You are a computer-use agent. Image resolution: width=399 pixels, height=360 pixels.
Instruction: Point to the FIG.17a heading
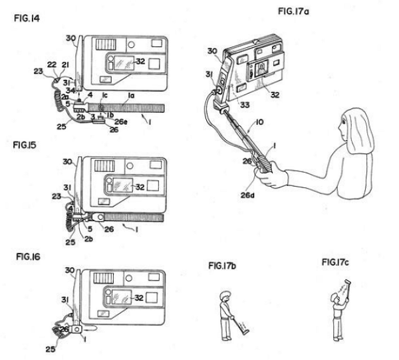coord(295,12)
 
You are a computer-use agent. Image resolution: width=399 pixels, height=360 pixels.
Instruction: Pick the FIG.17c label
coord(335,262)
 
